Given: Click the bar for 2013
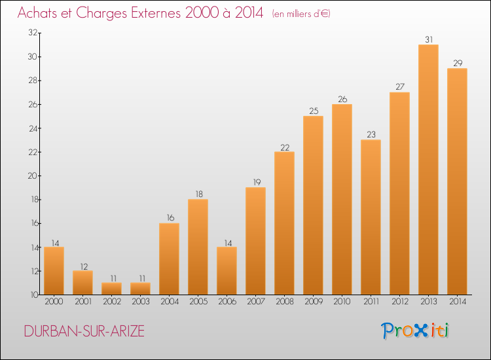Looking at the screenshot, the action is tap(428, 170).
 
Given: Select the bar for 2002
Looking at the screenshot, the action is tap(111, 288).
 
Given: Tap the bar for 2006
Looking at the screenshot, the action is tap(227, 270).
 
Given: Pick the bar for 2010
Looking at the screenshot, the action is tap(342, 199).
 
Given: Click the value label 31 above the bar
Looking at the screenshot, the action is tap(429, 39).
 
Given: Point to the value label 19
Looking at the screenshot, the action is tap(257, 182).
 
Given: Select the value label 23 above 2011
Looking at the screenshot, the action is tap(371, 135).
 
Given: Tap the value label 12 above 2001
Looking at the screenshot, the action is tap(84, 266).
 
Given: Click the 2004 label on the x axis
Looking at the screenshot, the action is tap(170, 302).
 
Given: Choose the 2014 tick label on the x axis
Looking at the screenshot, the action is tap(458, 302).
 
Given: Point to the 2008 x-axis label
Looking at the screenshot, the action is tap(285, 302).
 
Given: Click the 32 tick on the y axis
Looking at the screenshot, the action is tap(33, 33).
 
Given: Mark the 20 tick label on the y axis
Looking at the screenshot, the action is tap(33, 175).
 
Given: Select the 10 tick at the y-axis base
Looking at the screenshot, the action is tap(34, 295).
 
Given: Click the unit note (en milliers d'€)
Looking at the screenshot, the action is tap(301, 14).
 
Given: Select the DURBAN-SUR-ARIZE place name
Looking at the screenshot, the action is tap(84, 331).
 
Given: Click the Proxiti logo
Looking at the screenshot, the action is tap(415, 331).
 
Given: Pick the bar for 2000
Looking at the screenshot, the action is tap(54, 270).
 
